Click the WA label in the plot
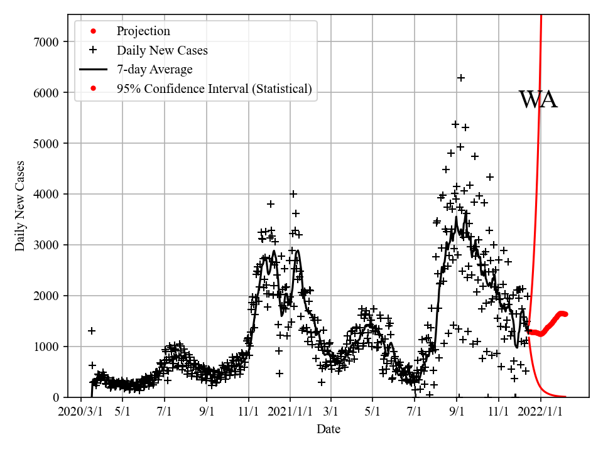point(538,100)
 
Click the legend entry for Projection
point(143,31)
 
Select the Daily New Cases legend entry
point(162,50)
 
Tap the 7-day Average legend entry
point(155,70)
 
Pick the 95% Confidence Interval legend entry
point(214,89)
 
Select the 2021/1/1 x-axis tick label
point(290,412)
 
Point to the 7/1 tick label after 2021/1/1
point(415,412)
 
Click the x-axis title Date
point(329,429)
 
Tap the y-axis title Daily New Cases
point(20,206)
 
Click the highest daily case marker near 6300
point(460,78)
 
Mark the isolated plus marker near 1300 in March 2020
point(92,331)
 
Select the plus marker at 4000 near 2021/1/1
point(293,194)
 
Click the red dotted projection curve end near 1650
point(565,314)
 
